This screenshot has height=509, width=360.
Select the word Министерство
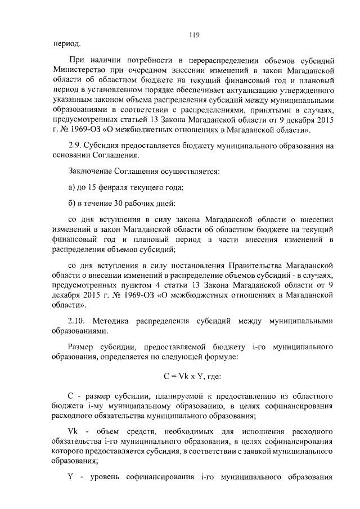click(x=82, y=70)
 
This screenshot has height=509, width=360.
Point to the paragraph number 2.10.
click(x=76, y=321)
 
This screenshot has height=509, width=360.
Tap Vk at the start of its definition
click(x=72, y=431)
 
